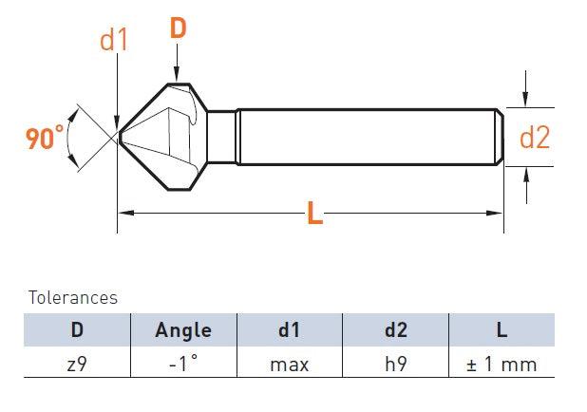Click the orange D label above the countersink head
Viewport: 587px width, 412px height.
[178, 28]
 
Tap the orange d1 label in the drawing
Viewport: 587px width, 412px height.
[114, 41]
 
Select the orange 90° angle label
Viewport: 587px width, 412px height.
[45, 138]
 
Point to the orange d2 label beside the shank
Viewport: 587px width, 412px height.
[535, 138]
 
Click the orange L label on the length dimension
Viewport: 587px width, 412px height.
[314, 213]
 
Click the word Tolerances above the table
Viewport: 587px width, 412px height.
[73, 298]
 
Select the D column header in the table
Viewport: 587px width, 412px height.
[77, 329]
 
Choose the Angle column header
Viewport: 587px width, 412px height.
[183, 330]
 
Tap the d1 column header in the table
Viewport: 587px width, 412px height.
[289, 329]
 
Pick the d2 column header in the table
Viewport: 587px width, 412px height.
[396, 329]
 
